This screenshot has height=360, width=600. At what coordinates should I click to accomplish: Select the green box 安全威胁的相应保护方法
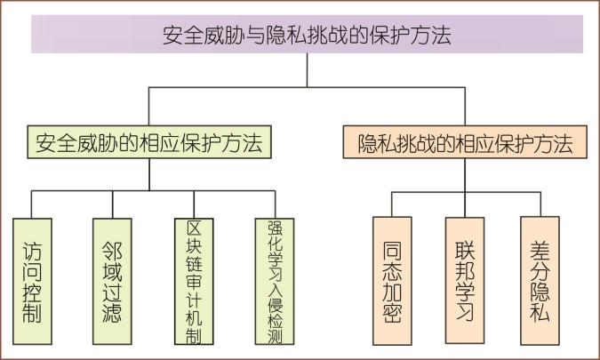pos(149,142)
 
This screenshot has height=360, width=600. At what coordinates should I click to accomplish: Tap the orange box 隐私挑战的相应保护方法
pos(465,142)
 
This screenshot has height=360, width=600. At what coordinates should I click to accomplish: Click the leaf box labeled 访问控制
pos(32,281)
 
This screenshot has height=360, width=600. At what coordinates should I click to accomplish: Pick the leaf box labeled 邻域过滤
pos(112,281)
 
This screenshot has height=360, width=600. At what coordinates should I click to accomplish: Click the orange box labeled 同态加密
pos(392,281)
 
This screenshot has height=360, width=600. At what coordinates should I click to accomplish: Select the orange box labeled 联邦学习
pos(464,281)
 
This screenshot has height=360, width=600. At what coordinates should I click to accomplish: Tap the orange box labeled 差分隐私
pos(540,281)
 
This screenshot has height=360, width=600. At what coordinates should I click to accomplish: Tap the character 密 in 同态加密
pos(392,313)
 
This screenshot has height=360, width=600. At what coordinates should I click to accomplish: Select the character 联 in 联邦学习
pos(464,248)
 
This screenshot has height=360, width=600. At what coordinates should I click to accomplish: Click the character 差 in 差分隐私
pos(540,248)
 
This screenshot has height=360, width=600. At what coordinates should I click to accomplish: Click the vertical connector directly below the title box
pos(307,70)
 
